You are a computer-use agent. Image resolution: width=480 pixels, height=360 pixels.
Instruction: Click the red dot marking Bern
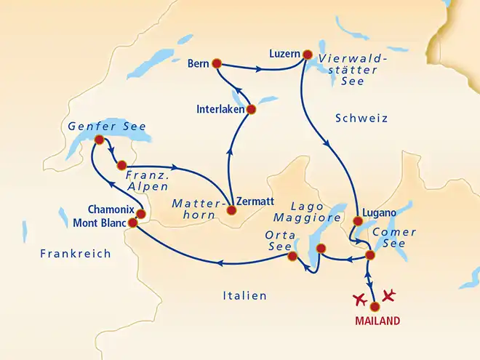point(216,63)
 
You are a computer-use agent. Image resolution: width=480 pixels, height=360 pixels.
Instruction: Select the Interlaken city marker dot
point(251,110)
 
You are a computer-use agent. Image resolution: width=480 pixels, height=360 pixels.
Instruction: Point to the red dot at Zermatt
point(231,211)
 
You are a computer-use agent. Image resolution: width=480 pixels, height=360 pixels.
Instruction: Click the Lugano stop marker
point(357,220)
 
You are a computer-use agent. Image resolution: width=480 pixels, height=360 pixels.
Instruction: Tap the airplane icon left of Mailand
point(359,299)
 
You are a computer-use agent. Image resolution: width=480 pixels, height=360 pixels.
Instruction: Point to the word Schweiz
point(362,118)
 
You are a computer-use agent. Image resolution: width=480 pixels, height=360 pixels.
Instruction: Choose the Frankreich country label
point(76,254)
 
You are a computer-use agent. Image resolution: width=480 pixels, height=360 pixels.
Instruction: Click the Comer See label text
point(393,239)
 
